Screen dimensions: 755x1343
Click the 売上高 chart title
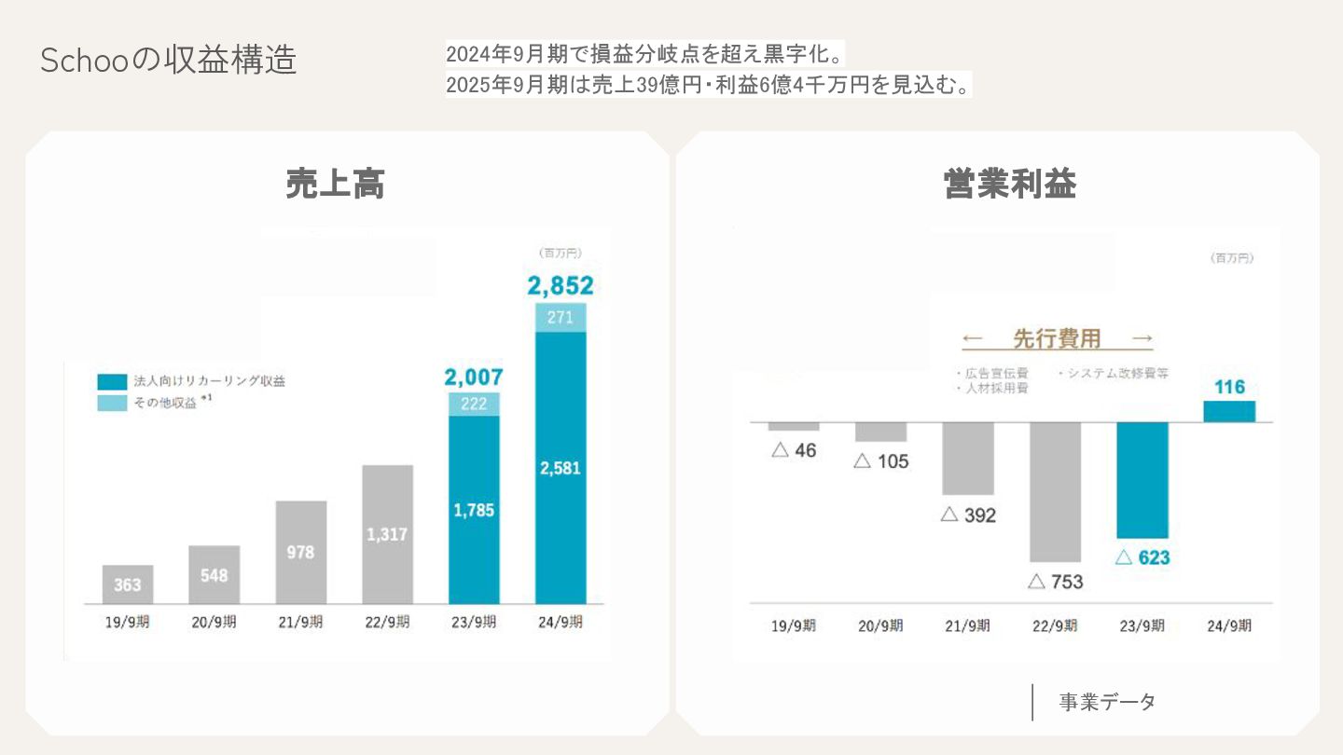coord(336,185)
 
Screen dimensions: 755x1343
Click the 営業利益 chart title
coord(1010,185)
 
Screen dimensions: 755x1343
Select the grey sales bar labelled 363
coord(128,584)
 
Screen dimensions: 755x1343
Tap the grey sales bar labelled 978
coord(300,552)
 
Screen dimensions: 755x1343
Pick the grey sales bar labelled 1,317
coord(387,533)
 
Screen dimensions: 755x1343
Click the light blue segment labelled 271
coord(561,318)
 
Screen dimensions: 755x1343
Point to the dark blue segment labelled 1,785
coord(474,510)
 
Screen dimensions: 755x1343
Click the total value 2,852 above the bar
coord(560,285)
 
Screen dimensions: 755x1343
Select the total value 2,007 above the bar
coord(474,377)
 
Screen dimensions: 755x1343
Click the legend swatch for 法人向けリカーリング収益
coord(112,381)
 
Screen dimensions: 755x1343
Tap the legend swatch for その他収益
coord(112,403)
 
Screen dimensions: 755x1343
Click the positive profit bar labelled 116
coord(1229,411)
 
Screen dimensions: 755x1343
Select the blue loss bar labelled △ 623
coord(1142,480)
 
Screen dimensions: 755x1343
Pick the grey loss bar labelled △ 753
coord(1055,491)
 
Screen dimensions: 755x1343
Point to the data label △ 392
coord(968,515)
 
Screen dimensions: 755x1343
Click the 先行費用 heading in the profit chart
coord(1057,338)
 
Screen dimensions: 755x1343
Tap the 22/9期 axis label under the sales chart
coord(387,623)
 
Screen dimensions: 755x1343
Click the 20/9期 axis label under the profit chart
coord(880,626)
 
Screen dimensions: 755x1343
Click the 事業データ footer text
coord(1107,702)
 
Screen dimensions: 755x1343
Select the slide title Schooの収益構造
coord(169,60)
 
